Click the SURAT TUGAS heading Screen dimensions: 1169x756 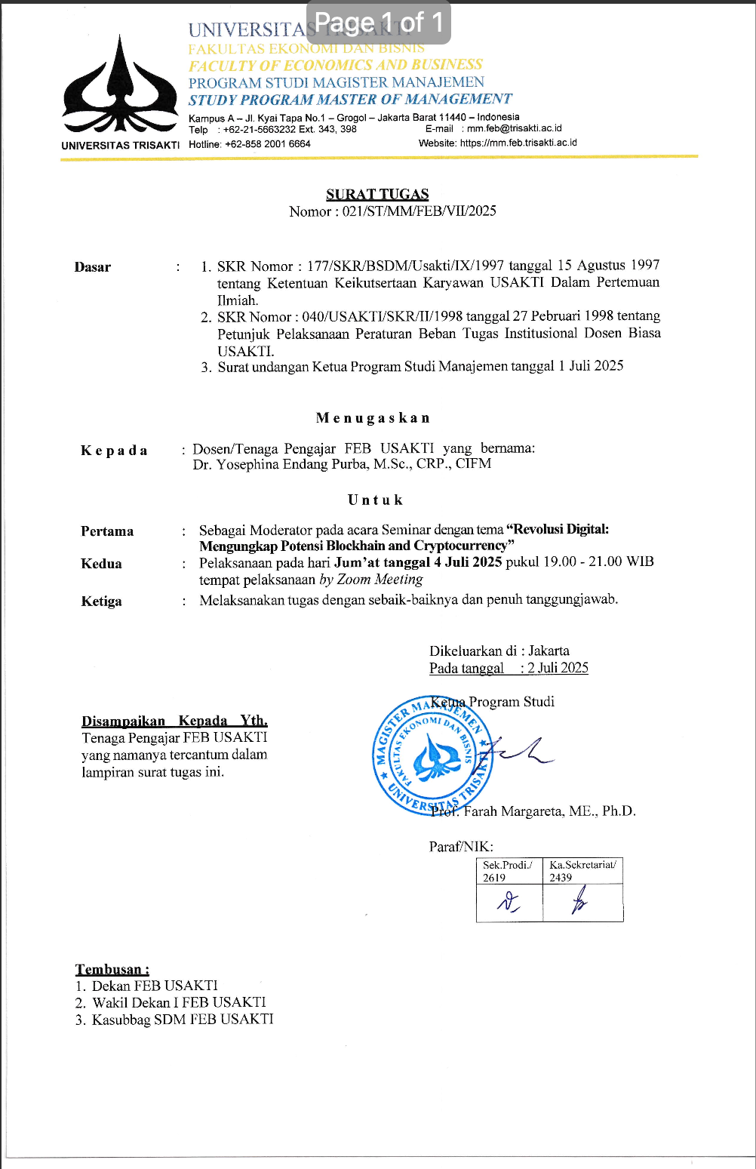(377, 194)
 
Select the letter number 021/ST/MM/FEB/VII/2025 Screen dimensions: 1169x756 (419, 211)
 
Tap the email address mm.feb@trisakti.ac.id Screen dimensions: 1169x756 (514, 129)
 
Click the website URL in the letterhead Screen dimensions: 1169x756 (518, 143)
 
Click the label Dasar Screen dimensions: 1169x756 (93, 267)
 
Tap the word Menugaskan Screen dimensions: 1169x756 (373, 418)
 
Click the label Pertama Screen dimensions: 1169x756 (107, 531)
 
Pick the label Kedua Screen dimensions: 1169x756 (101, 564)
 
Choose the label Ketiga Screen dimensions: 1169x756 (101, 601)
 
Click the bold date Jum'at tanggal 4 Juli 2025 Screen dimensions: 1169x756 (417, 562)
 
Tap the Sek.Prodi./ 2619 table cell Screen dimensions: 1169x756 (509, 871)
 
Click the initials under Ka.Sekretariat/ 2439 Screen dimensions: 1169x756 (579, 902)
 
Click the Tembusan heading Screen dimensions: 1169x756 (112, 970)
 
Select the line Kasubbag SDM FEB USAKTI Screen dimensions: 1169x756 (183, 1020)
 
